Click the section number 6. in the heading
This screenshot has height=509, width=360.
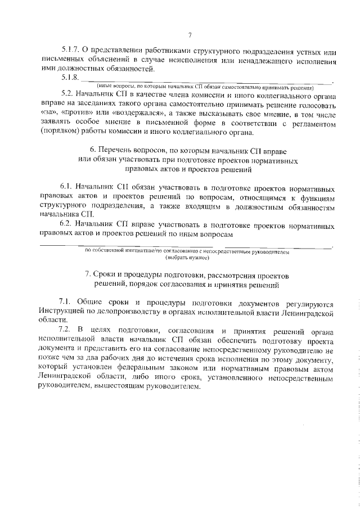point(93,151)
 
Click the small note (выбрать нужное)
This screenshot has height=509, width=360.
point(187,258)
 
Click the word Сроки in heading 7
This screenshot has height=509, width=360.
point(105,277)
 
